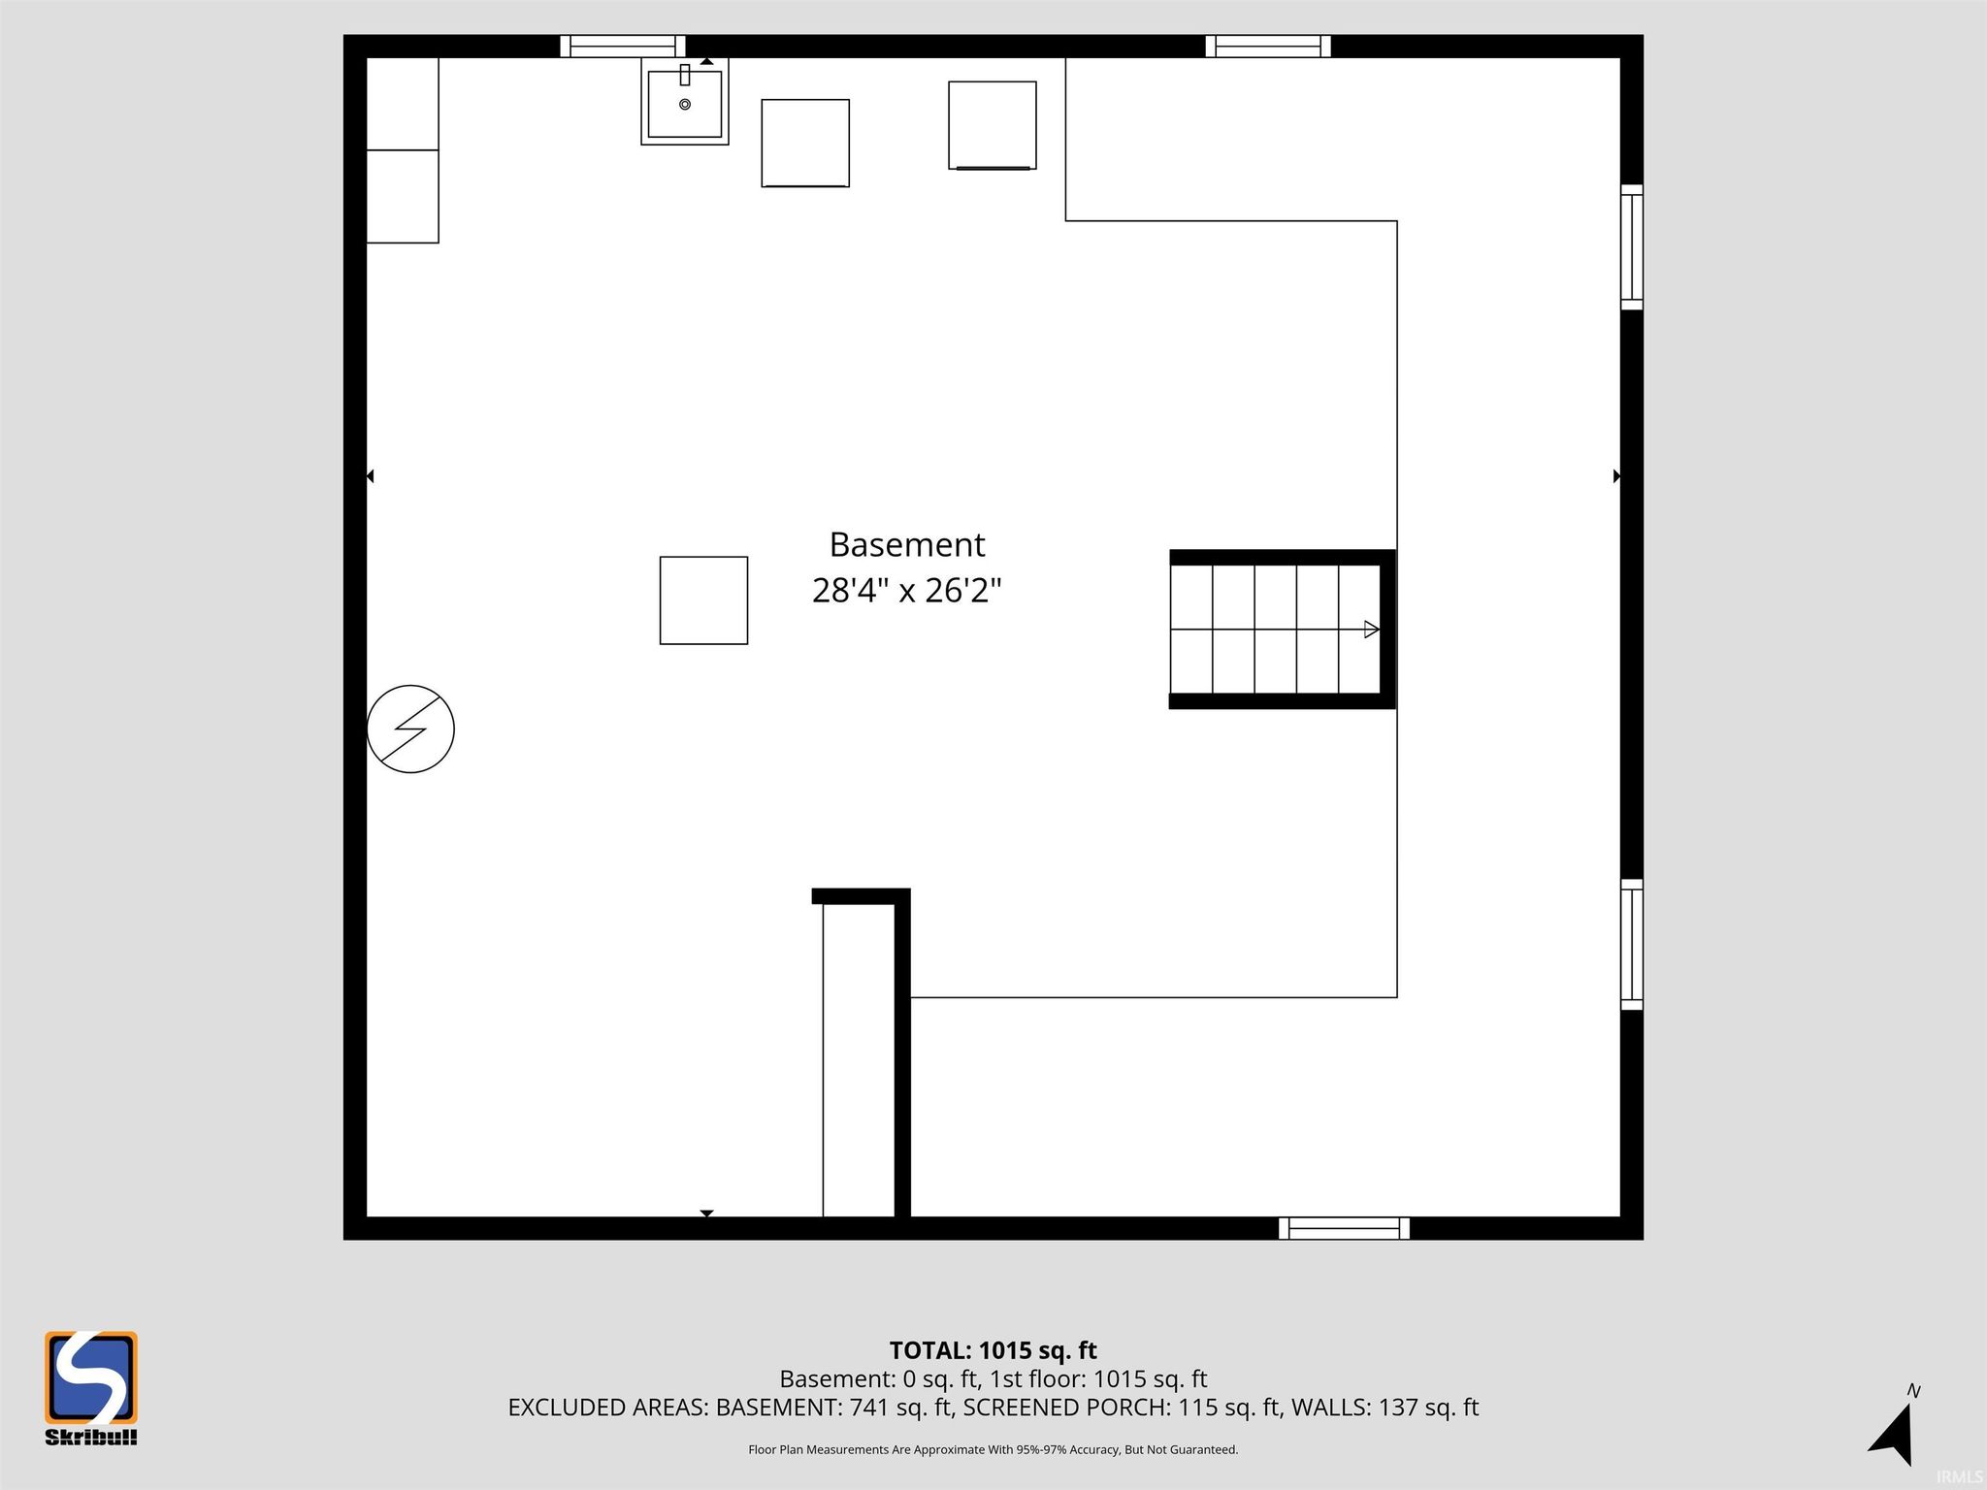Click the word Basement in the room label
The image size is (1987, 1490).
[x=907, y=545]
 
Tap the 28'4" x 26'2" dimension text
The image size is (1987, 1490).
[x=907, y=590]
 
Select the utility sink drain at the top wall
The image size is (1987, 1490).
[x=685, y=104]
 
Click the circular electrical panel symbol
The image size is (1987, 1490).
[x=410, y=729]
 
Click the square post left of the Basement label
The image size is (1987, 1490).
[x=703, y=600]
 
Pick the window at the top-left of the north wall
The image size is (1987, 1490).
[x=623, y=47]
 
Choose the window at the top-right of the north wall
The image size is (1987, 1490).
[x=1268, y=47]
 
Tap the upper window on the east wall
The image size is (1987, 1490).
[x=1632, y=247]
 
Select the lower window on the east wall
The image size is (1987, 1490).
[x=1632, y=945]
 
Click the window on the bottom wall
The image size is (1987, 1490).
[x=1344, y=1228]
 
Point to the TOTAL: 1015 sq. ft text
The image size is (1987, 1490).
[x=993, y=1350]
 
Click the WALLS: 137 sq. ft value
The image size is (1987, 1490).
[x=1384, y=1408]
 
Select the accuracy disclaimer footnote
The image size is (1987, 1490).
[x=993, y=1450]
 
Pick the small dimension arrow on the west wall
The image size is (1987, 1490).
[x=370, y=476]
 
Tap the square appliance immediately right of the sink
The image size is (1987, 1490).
[x=805, y=144]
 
